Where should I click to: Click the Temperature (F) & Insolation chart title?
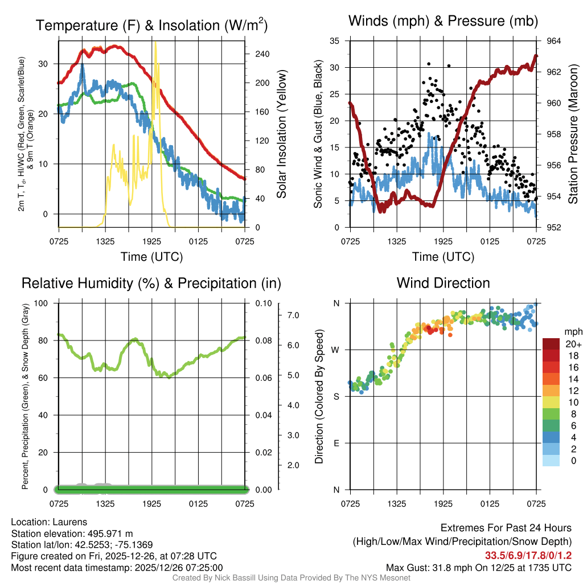pos(151,26)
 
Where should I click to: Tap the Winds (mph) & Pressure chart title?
pos(443,22)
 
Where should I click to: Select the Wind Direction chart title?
pos(443,283)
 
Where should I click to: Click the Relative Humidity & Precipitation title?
pos(151,284)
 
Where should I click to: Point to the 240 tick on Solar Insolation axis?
pos(262,54)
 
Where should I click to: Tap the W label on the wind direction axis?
pos(336,350)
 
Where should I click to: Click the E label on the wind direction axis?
pos(336,443)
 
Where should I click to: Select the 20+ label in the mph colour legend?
pos(572,344)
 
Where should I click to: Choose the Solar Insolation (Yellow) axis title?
pos(281,134)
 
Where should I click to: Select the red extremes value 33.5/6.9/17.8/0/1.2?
pos(528,555)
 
